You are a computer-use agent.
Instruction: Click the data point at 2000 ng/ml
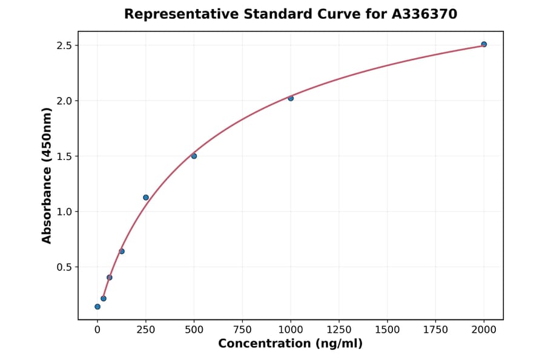click(484, 44)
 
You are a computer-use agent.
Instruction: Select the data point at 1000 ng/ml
click(291, 98)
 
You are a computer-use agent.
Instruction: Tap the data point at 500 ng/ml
click(194, 156)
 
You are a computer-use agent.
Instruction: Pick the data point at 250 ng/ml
click(146, 198)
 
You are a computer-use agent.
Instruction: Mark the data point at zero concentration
click(97, 307)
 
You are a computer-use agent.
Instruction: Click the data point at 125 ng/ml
click(122, 252)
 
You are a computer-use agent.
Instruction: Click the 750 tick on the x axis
click(242, 329)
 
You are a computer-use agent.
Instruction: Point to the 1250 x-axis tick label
click(339, 329)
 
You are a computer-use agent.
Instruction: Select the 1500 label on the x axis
click(388, 329)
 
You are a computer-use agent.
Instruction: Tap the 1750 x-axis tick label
click(435, 329)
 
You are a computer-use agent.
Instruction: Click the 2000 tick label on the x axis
click(484, 329)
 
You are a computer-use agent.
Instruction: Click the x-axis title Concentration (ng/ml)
click(290, 344)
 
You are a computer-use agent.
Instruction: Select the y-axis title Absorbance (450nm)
click(47, 175)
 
